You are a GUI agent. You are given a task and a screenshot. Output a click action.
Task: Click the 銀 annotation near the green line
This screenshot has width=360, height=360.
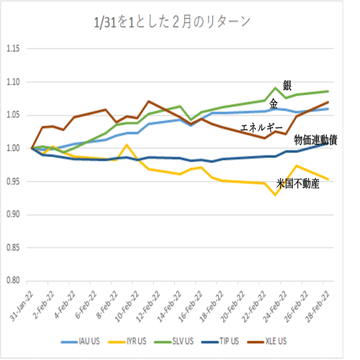(x=287, y=86)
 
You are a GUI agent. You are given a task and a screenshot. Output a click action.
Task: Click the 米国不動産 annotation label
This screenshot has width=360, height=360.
(x=298, y=184)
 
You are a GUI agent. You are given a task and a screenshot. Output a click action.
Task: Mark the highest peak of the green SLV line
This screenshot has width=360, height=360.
(x=276, y=88)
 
